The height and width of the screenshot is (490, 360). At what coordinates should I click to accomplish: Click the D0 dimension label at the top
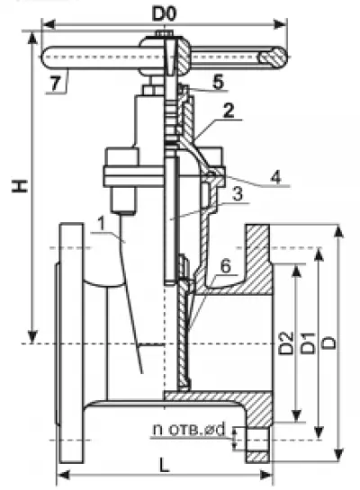[164, 13]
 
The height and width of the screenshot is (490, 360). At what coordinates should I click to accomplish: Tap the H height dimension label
[20, 186]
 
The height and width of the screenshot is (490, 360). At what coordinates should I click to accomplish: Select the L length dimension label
[164, 464]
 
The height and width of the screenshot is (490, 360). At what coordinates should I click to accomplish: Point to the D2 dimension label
[286, 343]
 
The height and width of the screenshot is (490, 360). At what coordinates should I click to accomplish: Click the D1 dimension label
[308, 343]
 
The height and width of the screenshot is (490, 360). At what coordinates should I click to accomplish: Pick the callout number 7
[56, 84]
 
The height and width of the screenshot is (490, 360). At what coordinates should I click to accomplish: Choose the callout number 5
[218, 82]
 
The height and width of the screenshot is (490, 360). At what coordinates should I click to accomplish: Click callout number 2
[229, 111]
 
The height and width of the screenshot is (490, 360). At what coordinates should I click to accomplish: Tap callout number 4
[276, 177]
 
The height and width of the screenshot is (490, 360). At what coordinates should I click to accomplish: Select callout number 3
[238, 194]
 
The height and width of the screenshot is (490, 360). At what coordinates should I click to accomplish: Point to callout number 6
[225, 266]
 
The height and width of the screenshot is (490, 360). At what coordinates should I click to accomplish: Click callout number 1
[101, 224]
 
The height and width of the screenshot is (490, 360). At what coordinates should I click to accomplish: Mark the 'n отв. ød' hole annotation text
[189, 430]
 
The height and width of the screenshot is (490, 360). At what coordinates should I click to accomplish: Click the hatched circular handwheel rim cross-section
[272, 57]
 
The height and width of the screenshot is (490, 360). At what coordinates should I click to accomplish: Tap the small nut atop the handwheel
[164, 33]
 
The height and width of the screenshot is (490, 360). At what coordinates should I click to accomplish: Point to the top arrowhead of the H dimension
[32, 38]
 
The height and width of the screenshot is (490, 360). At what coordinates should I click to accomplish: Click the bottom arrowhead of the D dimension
[338, 455]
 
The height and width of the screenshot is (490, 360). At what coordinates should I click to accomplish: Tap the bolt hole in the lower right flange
[257, 440]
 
